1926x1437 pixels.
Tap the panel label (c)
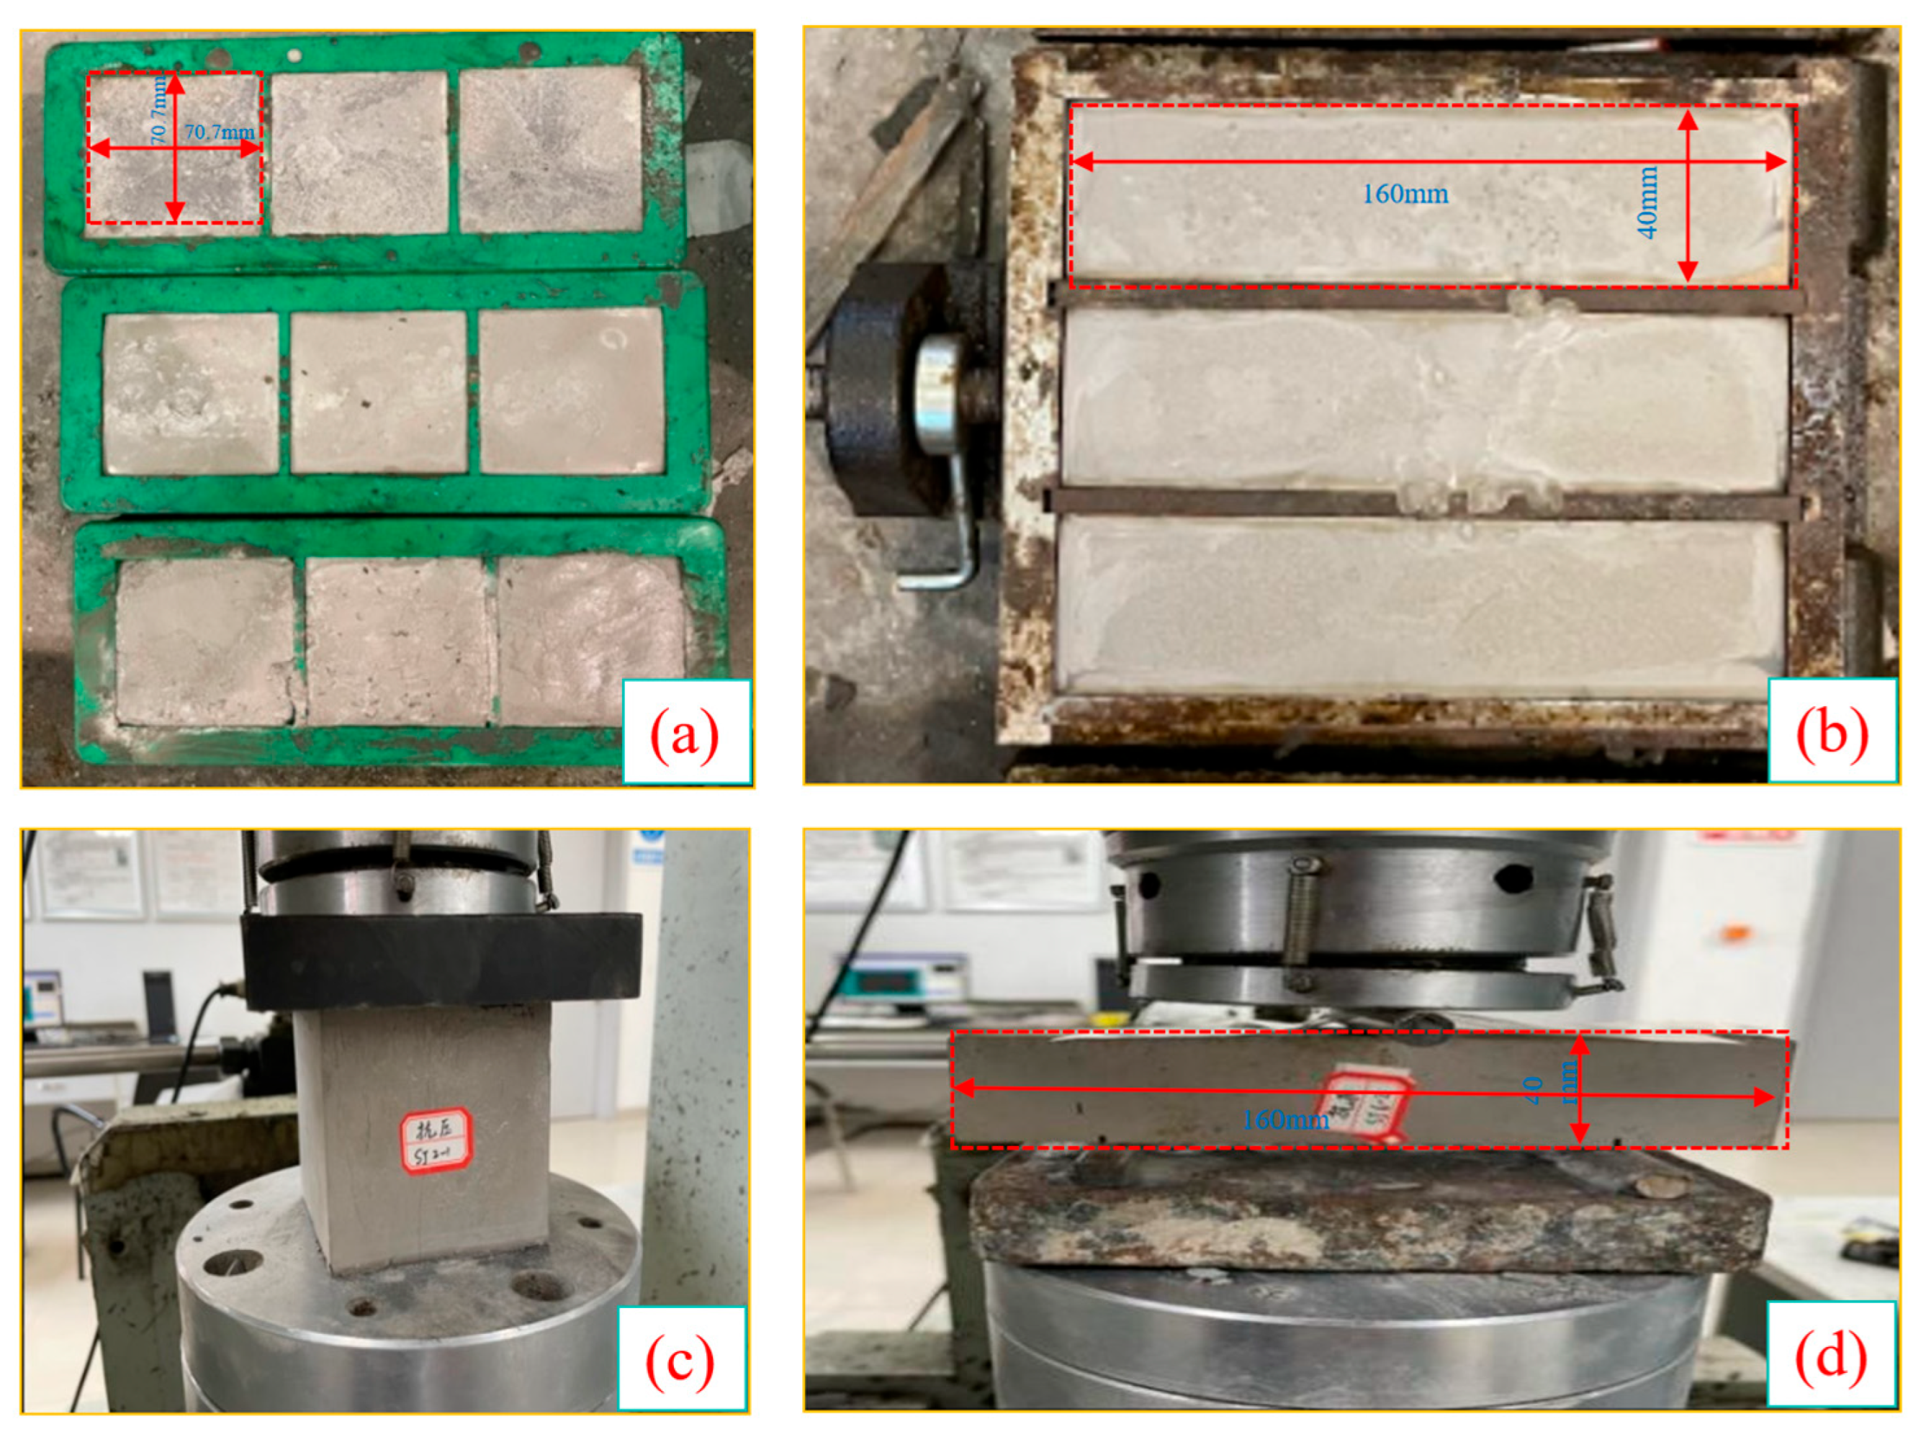(680, 1359)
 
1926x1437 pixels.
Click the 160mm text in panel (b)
(1404, 194)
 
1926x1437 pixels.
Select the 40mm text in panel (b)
(1647, 202)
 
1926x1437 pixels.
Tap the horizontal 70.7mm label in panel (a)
(219, 132)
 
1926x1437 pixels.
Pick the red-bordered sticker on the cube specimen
(436, 1141)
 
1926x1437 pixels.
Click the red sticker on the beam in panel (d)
(1364, 1107)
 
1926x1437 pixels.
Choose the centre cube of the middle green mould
(379, 392)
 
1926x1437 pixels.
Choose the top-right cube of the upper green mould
(551, 150)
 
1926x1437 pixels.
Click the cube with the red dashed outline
(174, 148)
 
